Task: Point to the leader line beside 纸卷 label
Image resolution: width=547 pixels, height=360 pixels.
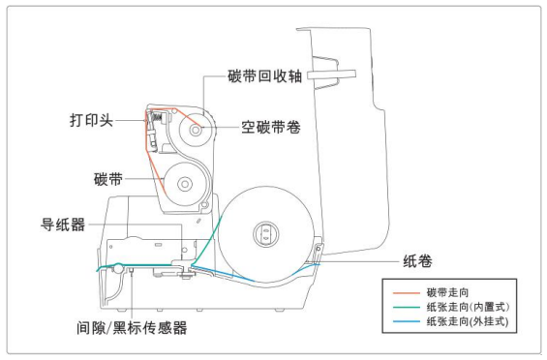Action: pyautogui.click(x=358, y=260)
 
